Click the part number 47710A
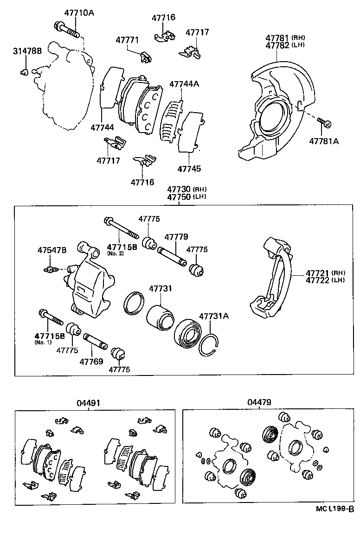[x=77, y=13]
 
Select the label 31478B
[x=27, y=51]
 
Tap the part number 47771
[x=127, y=40]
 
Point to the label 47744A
[x=184, y=84]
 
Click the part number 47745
[x=189, y=169]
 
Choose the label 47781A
[x=324, y=141]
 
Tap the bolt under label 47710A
[x=66, y=29]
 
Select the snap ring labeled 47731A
[x=208, y=345]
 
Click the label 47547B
[x=52, y=250]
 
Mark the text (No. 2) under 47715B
[x=114, y=254]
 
